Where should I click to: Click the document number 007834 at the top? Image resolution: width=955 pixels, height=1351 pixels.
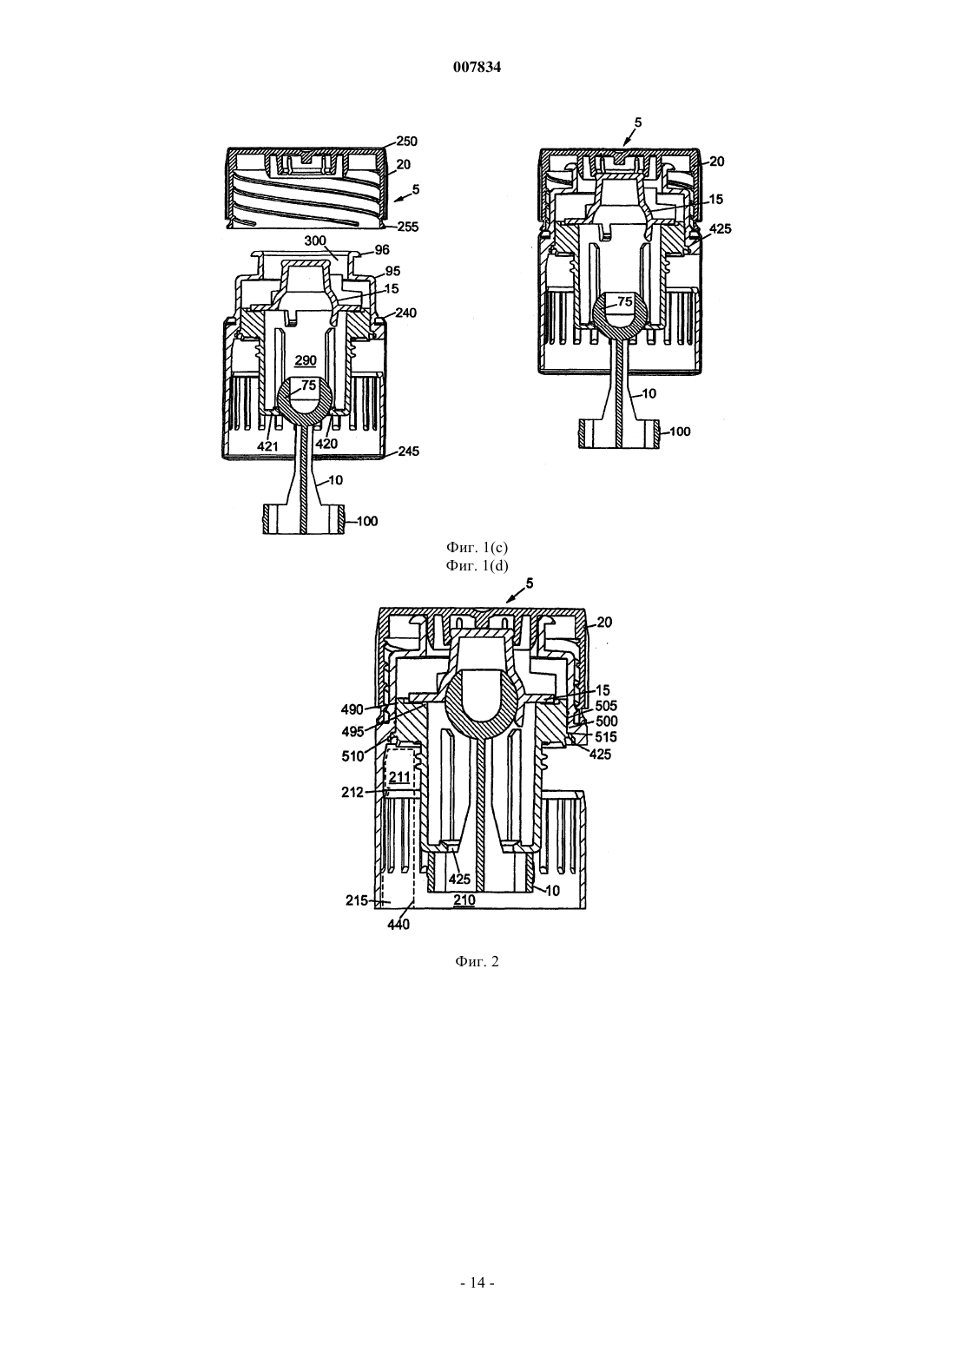coord(477,68)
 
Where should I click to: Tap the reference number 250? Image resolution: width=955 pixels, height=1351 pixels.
coord(406,142)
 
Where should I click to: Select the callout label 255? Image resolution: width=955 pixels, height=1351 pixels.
coord(407,227)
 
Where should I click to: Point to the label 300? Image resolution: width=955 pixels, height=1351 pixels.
coord(314,241)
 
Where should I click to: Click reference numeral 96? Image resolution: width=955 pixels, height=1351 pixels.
coord(382,250)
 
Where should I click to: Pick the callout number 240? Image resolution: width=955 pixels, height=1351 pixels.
coord(405,313)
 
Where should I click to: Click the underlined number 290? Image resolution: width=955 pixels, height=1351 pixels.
coord(305,361)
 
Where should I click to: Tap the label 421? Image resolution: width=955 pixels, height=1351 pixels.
coord(267,445)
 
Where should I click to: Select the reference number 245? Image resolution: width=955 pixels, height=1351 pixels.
coord(409,451)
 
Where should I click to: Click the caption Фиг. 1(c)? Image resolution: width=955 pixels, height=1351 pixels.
coord(477,548)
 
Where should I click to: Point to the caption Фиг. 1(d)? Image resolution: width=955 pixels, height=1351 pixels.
coord(477,566)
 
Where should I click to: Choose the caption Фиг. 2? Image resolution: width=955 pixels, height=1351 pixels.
coord(477,961)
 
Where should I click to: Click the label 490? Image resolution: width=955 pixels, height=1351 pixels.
coord(352,709)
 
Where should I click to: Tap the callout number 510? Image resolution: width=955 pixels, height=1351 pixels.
coord(352,755)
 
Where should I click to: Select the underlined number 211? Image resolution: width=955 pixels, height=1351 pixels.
coord(399,777)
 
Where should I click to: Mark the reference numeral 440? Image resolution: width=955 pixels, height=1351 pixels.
coord(398,925)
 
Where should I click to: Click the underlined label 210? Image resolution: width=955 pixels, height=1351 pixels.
coord(464,900)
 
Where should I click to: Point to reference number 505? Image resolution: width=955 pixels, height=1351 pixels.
coord(607,706)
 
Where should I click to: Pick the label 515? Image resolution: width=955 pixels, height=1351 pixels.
coord(606,737)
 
